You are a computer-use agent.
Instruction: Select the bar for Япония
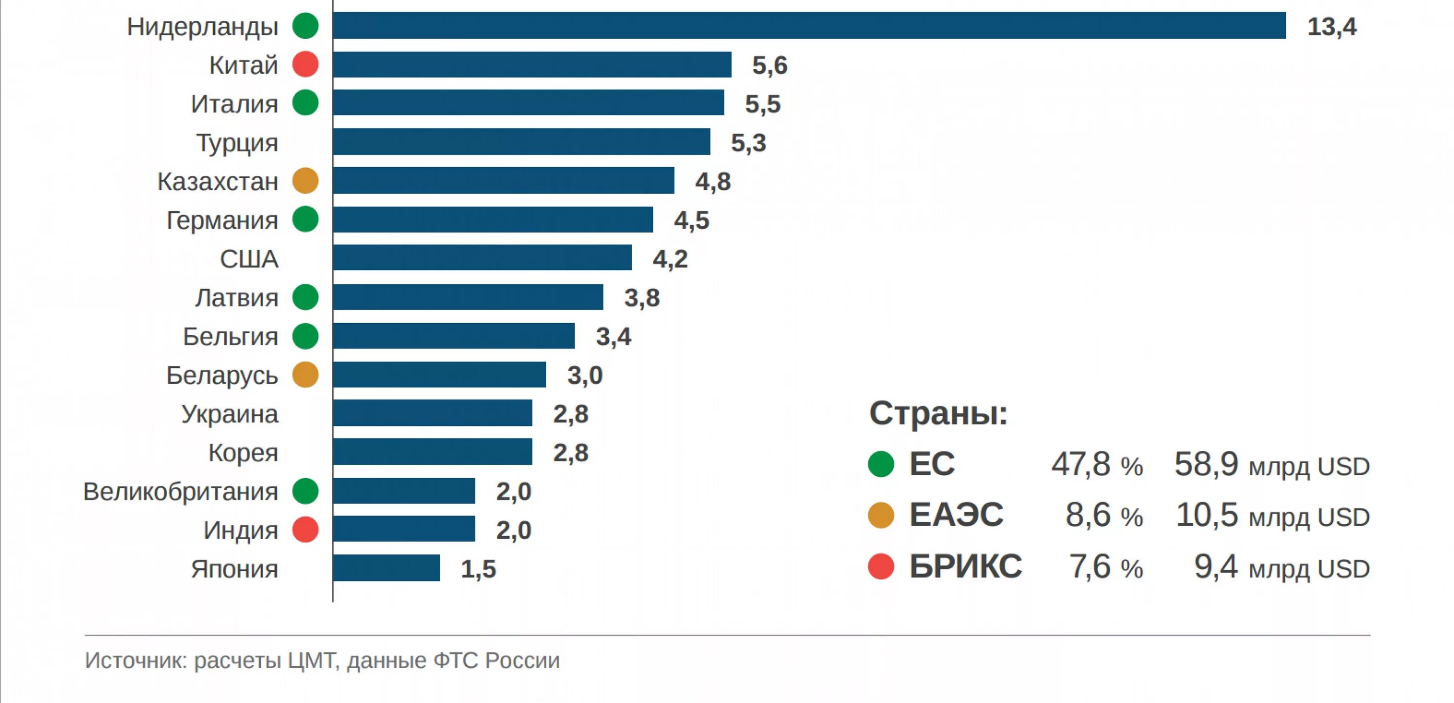(387, 568)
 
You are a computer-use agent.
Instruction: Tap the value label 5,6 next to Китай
(769, 65)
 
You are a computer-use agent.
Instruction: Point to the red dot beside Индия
(305, 530)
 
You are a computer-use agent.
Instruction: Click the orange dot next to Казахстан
(305, 181)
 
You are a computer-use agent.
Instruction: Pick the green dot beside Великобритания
(305, 491)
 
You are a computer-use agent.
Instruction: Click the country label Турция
(237, 143)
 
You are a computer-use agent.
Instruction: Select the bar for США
(483, 258)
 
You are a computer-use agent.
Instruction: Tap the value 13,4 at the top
(1331, 27)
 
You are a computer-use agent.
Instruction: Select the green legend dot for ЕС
(881, 464)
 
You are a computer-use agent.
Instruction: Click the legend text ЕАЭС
(956, 515)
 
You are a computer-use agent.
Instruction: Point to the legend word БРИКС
(965, 566)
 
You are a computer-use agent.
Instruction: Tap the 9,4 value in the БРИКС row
(1216, 566)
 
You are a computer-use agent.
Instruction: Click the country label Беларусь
(222, 375)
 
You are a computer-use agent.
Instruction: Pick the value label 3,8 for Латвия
(642, 297)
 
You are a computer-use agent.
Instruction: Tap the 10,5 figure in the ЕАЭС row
(1207, 515)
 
